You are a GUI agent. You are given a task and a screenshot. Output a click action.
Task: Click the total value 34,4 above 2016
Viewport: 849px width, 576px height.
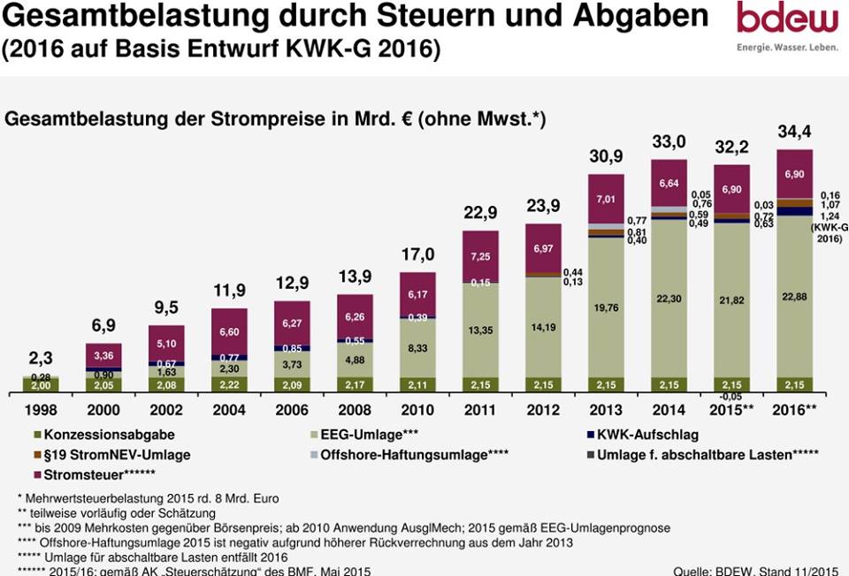click(x=794, y=132)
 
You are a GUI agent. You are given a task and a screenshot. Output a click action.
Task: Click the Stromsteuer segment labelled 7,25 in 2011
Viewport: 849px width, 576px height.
click(x=481, y=256)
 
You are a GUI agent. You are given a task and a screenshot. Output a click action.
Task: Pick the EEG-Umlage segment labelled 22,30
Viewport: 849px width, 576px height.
click(x=669, y=299)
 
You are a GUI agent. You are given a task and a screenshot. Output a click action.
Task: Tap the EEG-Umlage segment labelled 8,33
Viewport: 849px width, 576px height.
click(x=418, y=348)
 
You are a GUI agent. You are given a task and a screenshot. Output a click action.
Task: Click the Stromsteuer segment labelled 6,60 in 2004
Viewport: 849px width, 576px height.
click(x=229, y=331)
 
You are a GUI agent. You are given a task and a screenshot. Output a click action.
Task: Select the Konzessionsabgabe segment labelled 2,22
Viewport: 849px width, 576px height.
click(x=229, y=385)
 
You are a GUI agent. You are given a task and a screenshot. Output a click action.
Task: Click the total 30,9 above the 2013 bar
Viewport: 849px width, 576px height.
click(x=607, y=156)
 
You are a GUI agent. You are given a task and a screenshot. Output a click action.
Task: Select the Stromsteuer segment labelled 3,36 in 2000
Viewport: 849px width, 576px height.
click(x=103, y=355)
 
